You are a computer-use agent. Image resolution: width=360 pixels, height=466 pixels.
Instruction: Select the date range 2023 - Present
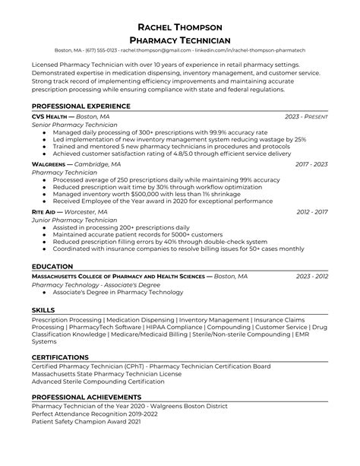[306, 116]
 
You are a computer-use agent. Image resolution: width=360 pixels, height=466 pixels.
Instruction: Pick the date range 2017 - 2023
[311, 163]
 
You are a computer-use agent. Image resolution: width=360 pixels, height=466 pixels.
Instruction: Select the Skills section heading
[43, 311]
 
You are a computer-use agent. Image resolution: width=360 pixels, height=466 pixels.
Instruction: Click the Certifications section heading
[61, 357]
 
